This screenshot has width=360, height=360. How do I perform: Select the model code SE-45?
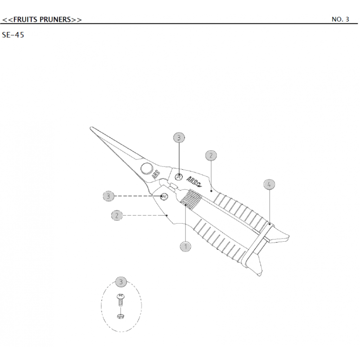click(x=13, y=35)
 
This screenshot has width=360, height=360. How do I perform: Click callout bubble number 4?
click(x=269, y=184)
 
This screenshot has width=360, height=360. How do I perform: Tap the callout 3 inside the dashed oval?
click(x=121, y=282)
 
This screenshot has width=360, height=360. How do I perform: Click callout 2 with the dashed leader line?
click(x=117, y=216)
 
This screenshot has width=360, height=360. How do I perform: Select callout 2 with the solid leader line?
click(x=211, y=156)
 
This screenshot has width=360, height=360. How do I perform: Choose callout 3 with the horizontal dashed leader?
click(x=108, y=196)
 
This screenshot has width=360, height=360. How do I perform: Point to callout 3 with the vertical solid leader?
click(x=179, y=137)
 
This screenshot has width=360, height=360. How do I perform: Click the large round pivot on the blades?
click(x=146, y=169)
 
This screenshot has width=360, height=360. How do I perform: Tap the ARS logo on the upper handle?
click(x=194, y=181)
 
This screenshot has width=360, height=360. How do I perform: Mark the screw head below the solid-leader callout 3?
click(x=179, y=177)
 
